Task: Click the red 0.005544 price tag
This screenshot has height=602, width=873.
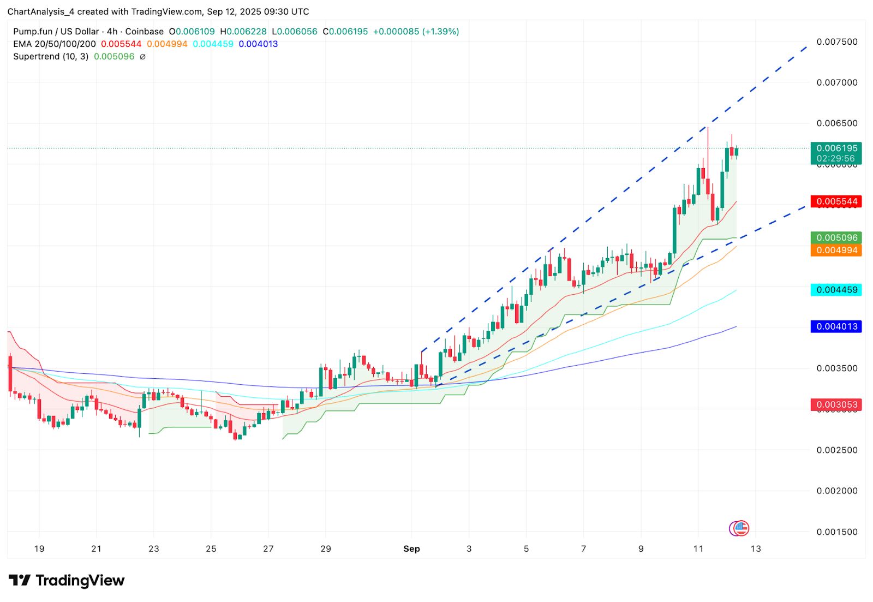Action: pos(836,201)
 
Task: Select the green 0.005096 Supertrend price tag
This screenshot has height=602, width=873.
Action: pos(836,237)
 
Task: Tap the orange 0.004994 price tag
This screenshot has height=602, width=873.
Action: pos(836,250)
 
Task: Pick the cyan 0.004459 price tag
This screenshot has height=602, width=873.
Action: pos(836,290)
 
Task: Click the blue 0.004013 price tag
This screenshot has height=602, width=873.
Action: pos(836,326)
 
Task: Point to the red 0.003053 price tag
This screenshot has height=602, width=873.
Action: pos(836,404)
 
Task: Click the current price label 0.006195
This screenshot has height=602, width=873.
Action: pos(836,148)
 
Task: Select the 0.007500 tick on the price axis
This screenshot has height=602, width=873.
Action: pos(836,42)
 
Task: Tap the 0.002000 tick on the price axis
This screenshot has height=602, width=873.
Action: pos(836,491)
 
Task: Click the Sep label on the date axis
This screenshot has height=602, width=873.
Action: pos(411,549)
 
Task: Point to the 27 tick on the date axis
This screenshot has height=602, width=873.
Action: pos(268,549)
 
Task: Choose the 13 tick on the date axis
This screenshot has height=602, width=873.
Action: pos(755,549)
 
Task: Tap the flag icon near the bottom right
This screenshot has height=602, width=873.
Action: pos(741,528)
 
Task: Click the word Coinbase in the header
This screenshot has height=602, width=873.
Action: pos(145,32)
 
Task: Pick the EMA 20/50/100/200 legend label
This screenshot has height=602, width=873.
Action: pos(55,44)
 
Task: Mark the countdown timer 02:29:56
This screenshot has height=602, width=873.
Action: pos(836,158)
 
